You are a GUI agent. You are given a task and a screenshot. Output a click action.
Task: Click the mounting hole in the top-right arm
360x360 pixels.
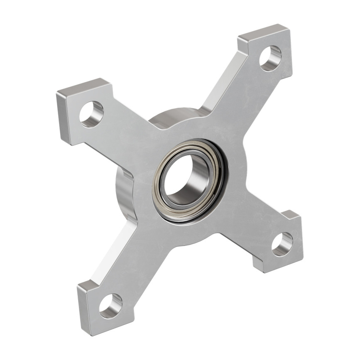270,58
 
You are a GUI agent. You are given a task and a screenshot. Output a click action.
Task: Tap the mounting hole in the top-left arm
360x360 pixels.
91,114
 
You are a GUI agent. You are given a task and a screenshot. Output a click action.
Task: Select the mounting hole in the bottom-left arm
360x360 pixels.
110,306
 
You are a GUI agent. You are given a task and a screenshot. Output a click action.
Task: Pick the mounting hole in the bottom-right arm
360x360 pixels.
282,244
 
